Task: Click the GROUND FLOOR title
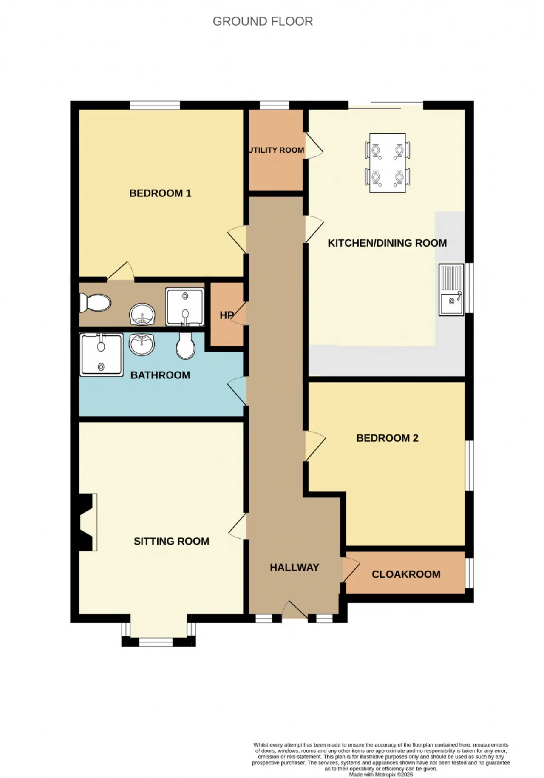263,21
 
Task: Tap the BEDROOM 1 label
160,193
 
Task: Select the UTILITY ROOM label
276,150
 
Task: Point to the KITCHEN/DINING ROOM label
387,243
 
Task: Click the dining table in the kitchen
388,163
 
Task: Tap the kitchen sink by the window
451,290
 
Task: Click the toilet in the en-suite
95,303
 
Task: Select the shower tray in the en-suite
185,307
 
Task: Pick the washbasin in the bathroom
142,344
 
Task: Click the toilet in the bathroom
186,346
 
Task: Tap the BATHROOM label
160,375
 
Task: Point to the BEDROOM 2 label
387,438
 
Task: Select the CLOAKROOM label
406,574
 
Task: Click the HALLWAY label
295,567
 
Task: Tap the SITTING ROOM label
171,541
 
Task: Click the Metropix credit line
381,775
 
